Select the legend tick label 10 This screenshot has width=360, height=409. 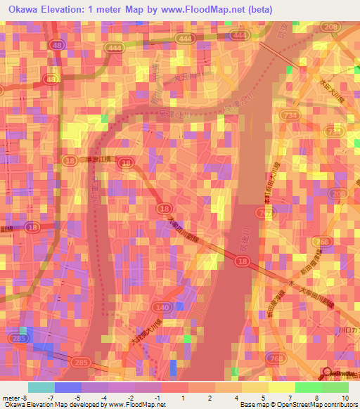345,397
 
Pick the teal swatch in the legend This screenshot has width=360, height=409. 41,387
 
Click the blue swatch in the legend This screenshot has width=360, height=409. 67,387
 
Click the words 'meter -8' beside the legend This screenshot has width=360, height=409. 14,397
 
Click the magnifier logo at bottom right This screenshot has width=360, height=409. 328,373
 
